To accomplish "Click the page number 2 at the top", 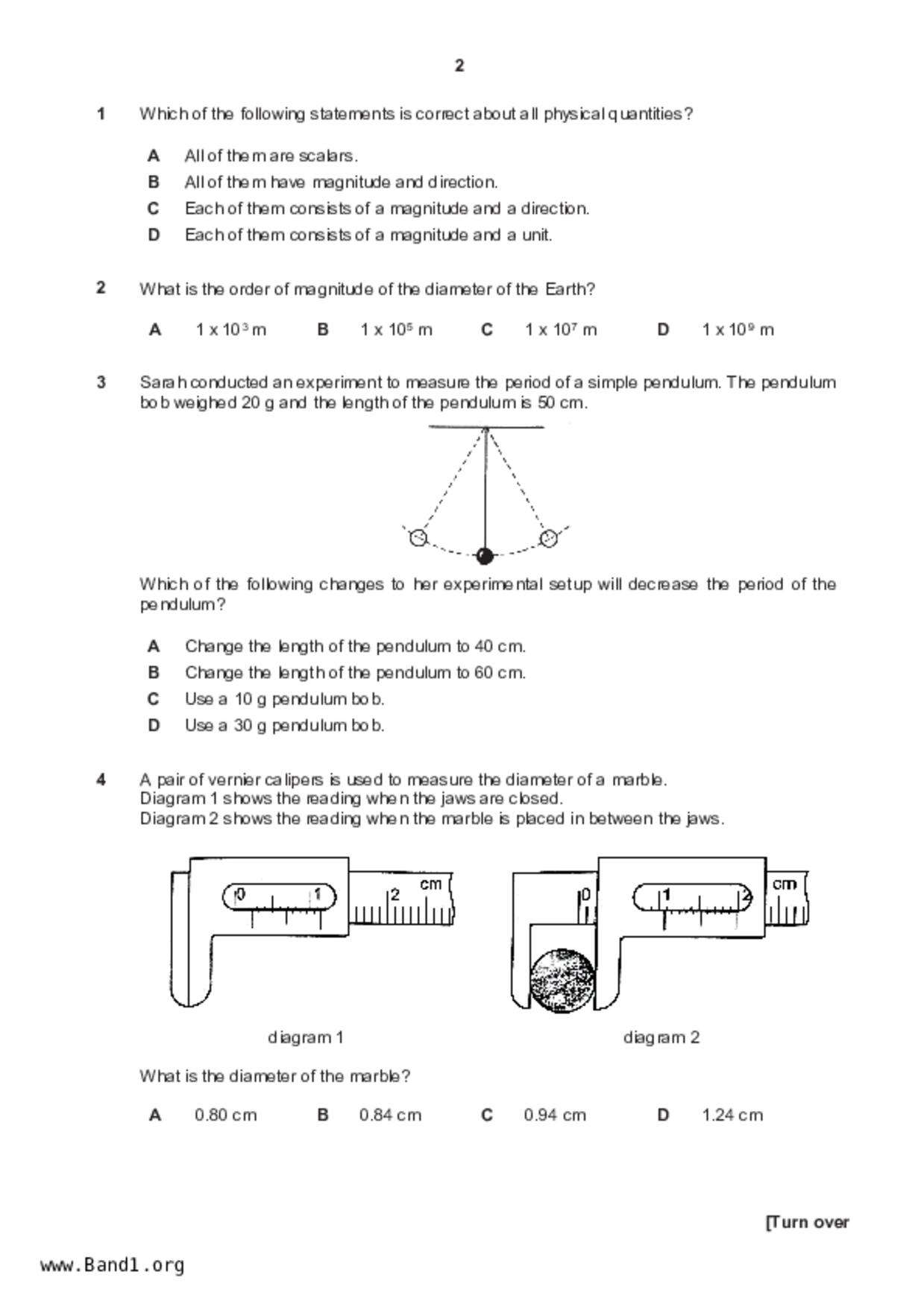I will click(x=459, y=66).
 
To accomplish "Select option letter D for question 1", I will click(x=154, y=235).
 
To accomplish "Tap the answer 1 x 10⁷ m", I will click(x=560, y=329).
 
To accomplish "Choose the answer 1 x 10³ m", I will click(x=230, y=329).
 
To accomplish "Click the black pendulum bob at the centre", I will click(x=485, y=556).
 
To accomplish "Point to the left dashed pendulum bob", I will click(x=419, y=537).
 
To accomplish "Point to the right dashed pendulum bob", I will click(x=549, y=537).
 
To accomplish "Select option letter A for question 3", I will click(x=154, y=646).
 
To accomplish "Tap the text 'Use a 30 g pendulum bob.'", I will click(x=284, y=726).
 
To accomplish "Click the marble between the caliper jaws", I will click(x=562, y=980).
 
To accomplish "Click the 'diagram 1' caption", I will click(x=305, y=1037).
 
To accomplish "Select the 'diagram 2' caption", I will click(x=661, y=1037).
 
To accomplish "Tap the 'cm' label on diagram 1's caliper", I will click(x=431, y=884).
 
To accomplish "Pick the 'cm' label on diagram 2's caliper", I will click(x=785, y=884).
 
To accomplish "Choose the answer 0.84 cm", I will click(x=390, y=1115).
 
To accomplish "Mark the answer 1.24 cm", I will click(x=732, y=1115).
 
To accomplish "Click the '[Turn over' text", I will click(x=808, y=1223).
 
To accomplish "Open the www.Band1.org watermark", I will click(x=113, y=1265).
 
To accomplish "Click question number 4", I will click(x=101, y=780).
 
